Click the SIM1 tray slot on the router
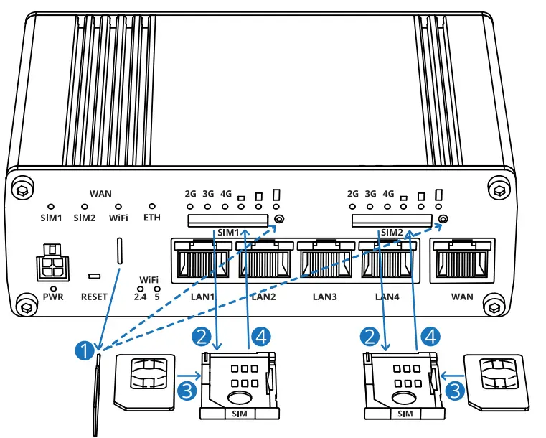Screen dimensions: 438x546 230,220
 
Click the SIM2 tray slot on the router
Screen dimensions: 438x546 392,220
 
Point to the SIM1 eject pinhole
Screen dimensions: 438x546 280,219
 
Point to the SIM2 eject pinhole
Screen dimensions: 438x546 443,219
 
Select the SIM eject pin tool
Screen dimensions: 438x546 95,395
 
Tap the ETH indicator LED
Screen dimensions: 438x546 152,206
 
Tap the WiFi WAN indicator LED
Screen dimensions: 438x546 118,206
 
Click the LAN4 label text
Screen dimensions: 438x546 387,296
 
